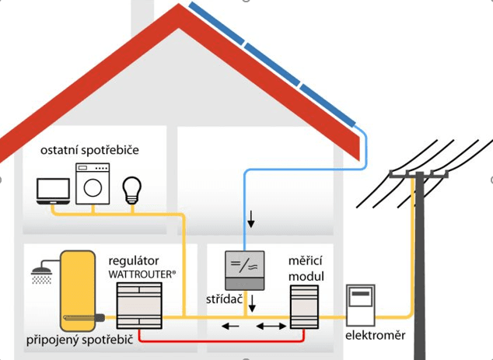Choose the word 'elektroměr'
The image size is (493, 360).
pos(376,336)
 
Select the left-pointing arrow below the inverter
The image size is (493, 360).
pos(229,327)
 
